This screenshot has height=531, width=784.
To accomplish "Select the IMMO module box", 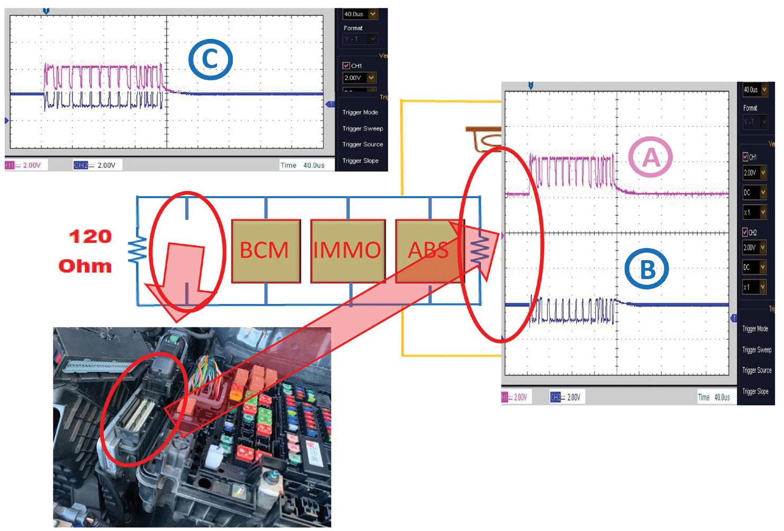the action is click(x=347, y=250).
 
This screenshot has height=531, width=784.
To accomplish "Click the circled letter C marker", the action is click(x=211, y=59).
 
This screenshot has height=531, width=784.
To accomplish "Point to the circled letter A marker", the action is click(x=651, y=157).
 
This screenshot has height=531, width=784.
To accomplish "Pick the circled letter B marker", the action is click(x=647, y=270).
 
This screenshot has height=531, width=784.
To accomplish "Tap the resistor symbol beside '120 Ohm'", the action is click(x=137, y=250).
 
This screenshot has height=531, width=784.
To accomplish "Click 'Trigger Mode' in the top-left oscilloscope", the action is click(x=360, y=112).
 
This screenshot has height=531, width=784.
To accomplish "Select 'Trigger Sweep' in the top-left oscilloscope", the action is click(x=363, y=128).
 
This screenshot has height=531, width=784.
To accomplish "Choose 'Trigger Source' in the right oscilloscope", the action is click(x=757, y=370).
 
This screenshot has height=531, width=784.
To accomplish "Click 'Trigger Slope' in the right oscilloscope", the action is click(x=755, y=392).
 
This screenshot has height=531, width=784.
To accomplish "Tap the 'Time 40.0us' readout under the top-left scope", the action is click(x=302, y=165).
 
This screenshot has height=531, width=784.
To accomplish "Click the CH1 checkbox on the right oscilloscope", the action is click(x=746, y=157).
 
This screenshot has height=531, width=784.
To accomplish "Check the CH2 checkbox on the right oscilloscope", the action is click(x=746, y=233).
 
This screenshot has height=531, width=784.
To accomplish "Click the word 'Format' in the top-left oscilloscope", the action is click(x=353, y=28).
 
